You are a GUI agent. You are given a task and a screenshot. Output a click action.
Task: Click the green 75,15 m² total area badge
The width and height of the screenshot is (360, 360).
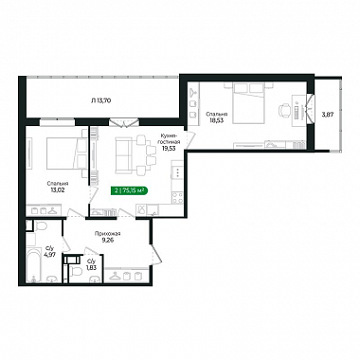pyautogui.click(x=130, y=190)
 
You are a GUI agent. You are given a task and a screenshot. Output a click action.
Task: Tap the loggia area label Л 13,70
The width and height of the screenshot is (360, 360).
pyautogui.click(x=100, y=100)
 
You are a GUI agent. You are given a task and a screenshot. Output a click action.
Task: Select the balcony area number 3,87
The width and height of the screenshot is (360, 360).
pyautogui.click(x=327, y=115)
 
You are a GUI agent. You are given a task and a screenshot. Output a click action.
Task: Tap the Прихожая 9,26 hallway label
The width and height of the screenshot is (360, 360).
pyautogui.click(x=107, y=237)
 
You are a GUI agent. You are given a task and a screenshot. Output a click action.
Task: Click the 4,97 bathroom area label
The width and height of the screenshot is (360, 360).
pyautogui.click(x=50, y=252)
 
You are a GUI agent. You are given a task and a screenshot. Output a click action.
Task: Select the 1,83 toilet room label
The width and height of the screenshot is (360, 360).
pyautogui.click(x=91, y=264)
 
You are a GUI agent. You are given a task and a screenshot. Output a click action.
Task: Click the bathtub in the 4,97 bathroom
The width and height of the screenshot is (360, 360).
pyautogui.click(x=33, y=264)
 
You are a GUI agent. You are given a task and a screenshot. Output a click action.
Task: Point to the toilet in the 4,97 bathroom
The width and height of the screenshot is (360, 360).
pyautogui.click(x=41, y=225)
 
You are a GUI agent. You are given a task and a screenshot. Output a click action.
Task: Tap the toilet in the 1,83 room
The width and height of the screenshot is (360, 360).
pyautogui.click(x=76, y=272)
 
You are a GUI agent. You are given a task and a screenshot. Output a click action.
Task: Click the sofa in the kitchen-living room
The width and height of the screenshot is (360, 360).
pyautogui.click(x=123, y=155)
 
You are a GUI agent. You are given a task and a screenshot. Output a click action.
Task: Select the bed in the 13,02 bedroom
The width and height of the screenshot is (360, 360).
pyautogui.click(x=67, y=153)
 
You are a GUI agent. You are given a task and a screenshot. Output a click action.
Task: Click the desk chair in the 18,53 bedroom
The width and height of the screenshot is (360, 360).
pyautogui.click(x=283, y=111)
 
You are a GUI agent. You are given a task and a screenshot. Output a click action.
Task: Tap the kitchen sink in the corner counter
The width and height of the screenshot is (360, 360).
pyautogui.click(x=142, y=209)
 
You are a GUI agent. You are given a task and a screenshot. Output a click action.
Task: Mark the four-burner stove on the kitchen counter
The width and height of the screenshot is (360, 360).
pyautogui.click(x=177, y=198)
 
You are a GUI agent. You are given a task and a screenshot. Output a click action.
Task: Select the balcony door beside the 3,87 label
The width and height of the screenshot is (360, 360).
pyautogui.click(x=311, y=108)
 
